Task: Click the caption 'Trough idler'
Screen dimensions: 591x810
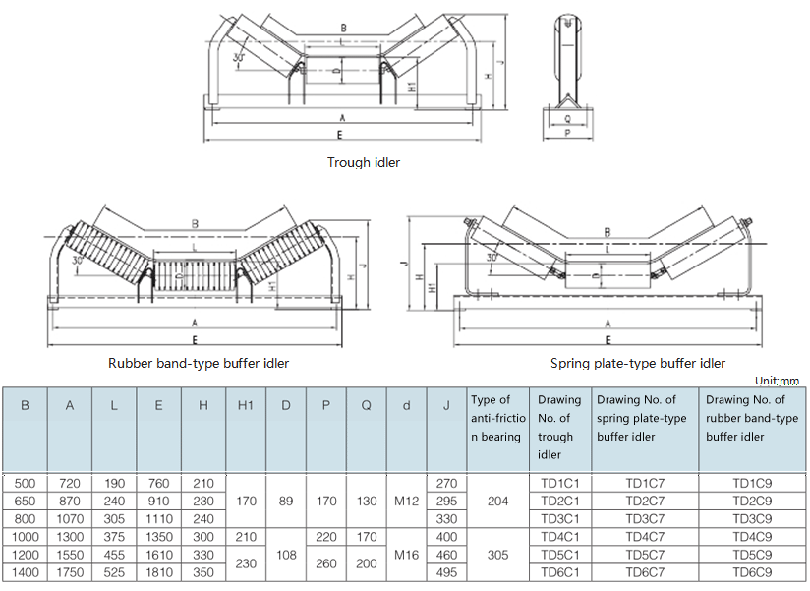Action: (x=364, y=162)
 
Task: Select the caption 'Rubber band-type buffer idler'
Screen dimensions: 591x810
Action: (x=199, y=363)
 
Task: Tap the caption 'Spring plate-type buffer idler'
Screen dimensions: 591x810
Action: (x=638, y=363)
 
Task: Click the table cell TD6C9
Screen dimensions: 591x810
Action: (x=753, y=572)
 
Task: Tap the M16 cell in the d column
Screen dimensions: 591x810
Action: (x=406, y=555)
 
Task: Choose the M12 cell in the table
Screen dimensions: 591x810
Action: (x=406, y=501)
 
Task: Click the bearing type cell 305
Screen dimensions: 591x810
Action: (x=497, y=555)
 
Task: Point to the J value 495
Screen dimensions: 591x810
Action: (x=446, y=572)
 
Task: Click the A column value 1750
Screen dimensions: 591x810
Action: (x=70, y=572)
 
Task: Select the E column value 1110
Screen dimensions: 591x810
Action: (x=157, y=518)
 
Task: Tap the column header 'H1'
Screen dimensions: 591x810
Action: (x=246, y=405)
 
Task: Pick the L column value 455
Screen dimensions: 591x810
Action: (x=113, y=555)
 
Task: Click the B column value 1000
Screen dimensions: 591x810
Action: (x=26, y=537)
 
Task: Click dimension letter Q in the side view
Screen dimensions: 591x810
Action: (x=568, y=116)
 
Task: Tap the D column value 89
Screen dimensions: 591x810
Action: (x=286, y=501)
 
